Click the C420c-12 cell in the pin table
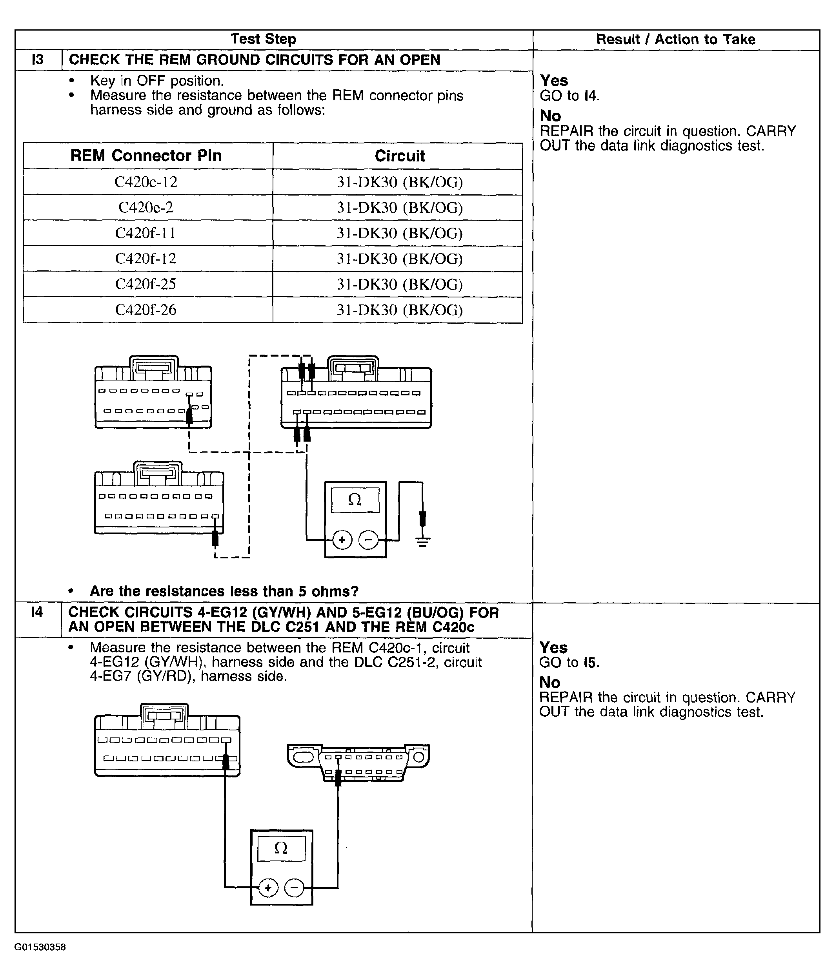146,182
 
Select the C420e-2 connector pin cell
146,208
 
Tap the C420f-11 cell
146,233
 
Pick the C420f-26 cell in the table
146,310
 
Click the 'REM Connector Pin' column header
146,156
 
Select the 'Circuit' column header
400,156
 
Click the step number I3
37,60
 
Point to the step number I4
36,612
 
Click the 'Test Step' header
263,39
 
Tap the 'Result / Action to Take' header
675,39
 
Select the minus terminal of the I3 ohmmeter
368,540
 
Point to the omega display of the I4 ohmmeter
281,848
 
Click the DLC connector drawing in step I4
358,763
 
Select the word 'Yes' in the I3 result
554,80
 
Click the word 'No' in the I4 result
549,682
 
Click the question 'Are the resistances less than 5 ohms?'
224,591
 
